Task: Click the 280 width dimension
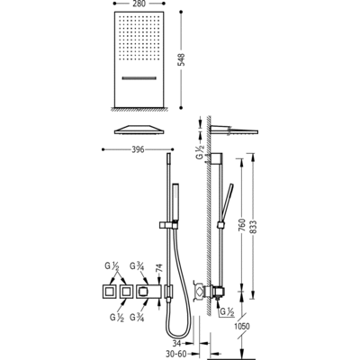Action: pos(139,4)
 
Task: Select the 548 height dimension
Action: pos(182,59)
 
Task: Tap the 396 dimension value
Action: pos(139,149)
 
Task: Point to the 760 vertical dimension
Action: pos(242,225)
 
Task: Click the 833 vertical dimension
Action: pos(254,227)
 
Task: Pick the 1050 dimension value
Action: pos(242,326)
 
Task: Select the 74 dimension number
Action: pos(158,268)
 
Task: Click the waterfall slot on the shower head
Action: pos(139,78)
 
